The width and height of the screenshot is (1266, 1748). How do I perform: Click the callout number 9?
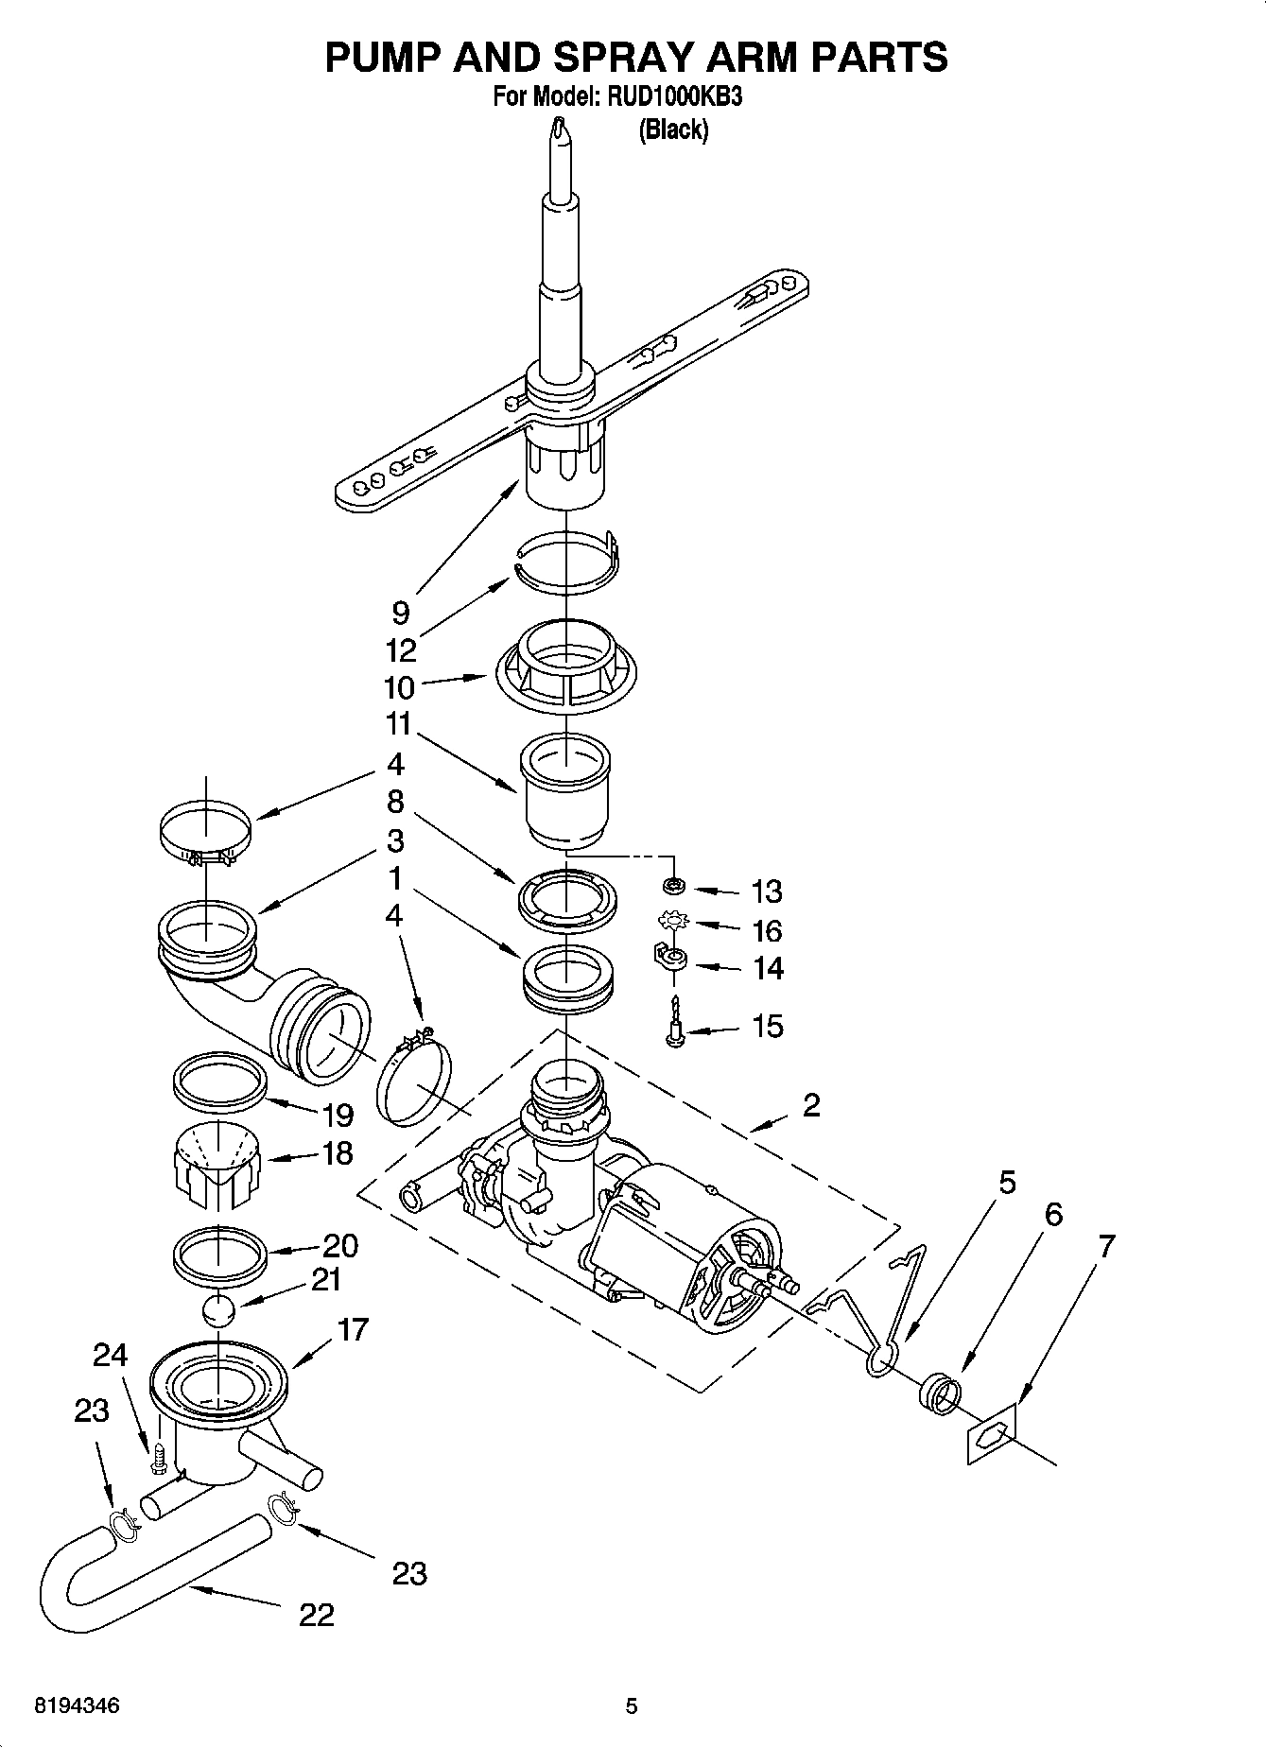401,614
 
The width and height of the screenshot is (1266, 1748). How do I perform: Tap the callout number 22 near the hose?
317,1615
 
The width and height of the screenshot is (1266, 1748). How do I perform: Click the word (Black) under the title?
673,130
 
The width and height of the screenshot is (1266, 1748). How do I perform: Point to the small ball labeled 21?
218,1312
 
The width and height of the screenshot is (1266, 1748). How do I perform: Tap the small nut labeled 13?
674,886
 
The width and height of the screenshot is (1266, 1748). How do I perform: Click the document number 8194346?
77,1705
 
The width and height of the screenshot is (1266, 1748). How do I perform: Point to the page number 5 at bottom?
632,1705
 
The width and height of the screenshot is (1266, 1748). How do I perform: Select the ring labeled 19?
217,1082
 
